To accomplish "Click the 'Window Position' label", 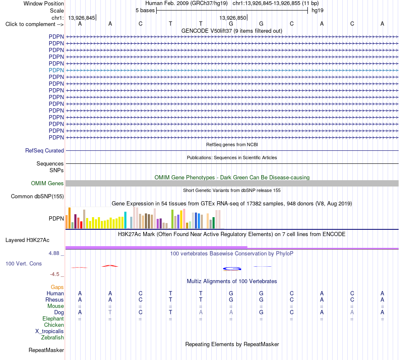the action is pos(44,3).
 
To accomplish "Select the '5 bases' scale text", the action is pos(145,11).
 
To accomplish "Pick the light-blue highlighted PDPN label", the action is pos(56,70).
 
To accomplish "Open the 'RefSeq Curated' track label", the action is pos(45,151).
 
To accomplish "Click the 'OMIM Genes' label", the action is pos(47,184).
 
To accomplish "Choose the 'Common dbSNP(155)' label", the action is pos(37,197).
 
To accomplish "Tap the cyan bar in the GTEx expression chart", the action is pos(125,220).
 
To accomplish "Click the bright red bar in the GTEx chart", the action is pos(81,225).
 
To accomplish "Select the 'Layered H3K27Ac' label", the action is pos(27,240).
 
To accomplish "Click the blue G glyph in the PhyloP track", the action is pos(232,269).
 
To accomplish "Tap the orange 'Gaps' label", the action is pos(57,287).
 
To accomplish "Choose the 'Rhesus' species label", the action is pos(55,300).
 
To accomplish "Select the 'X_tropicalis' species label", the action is pos(50,331).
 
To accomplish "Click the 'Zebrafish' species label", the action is pos(52,338).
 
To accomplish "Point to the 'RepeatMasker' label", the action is pos(46,350).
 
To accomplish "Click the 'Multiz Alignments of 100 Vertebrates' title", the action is pos(232,281).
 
